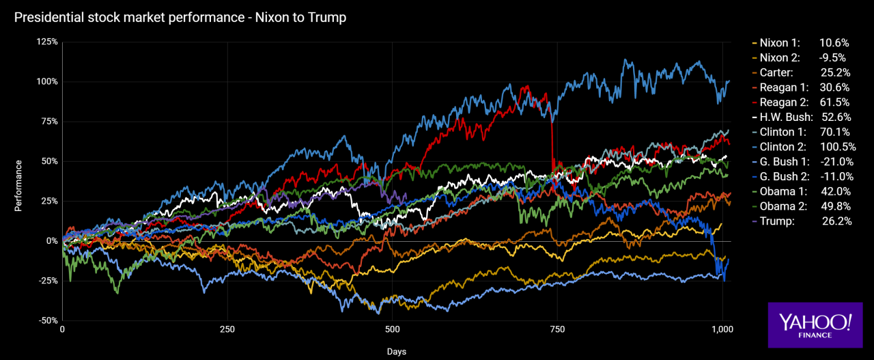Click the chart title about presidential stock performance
click(x=180, y=18)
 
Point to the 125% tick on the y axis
click(x=46, y=42)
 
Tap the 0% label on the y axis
click(x=51, y=240)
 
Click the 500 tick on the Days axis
click(x=392, y=329)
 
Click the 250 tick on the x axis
click(x=227, y=329)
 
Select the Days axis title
click(x=396, y=352)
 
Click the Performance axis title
click(x=19, y=186)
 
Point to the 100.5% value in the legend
click(x=835, y=147)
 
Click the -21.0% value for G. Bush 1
click(x=836, y=162)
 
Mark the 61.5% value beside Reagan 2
click(x=836, y=102)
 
